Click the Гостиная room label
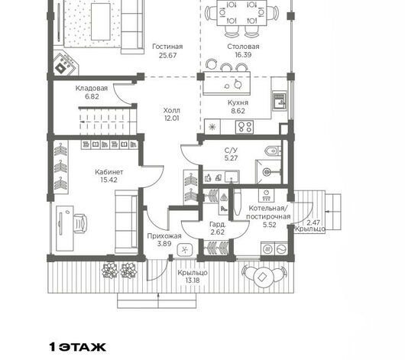167,47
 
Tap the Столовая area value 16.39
243,55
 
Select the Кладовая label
92,89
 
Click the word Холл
172,111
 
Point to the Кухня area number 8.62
238,111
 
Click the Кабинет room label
109,172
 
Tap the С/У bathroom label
231,151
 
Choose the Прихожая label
164,236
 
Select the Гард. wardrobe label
218,224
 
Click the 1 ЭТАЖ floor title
77,347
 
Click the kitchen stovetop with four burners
245,127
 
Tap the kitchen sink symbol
280,101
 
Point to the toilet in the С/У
273,151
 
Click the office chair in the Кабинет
80,223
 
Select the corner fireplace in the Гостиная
65,64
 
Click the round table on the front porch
263,277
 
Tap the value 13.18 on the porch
193,281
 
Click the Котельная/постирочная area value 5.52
270,225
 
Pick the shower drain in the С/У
267,171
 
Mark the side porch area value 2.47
313,222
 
